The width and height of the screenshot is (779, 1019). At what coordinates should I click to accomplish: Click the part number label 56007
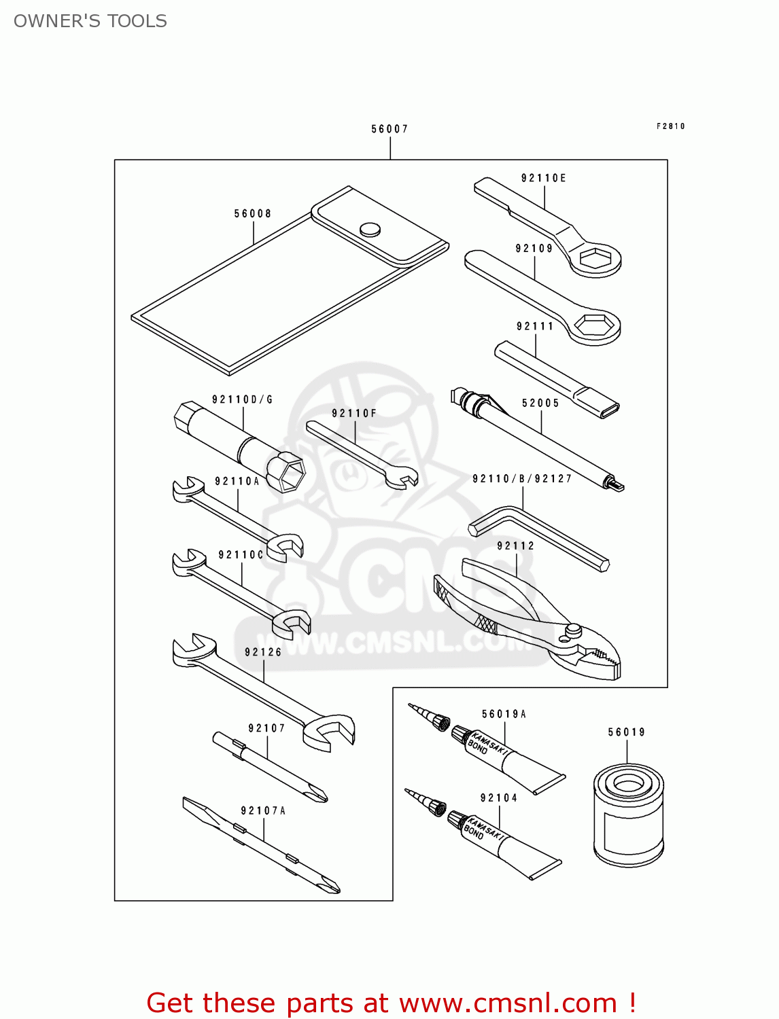click(389, 129)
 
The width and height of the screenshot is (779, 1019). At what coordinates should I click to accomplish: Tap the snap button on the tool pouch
click(370, 230)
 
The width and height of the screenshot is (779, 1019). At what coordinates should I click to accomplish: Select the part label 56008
click(253, 214)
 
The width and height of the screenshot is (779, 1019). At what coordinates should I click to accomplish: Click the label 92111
click(535, 327)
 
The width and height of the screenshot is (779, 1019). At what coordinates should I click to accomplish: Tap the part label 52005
click(540, 404)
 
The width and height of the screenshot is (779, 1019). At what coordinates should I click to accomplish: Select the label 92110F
click(353, 414)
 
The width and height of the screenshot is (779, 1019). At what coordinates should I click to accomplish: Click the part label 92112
click(515, 546)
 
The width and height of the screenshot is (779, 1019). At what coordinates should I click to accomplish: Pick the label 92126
click(263, 652)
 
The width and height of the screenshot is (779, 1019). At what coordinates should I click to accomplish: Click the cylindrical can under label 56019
click(628, 815)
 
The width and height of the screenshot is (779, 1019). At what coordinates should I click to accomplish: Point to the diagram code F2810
click(670, 126)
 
